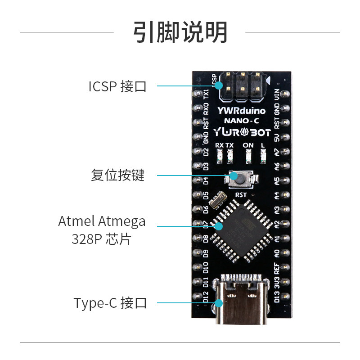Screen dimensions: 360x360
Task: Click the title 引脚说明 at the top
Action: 180,32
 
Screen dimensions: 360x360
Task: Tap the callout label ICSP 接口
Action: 117,86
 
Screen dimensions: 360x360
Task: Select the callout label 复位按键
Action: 117,175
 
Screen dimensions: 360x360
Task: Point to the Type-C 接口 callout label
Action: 110,303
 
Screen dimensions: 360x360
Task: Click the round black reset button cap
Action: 241,179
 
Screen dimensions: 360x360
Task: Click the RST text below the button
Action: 241,195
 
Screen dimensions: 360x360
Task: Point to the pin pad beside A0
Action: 285,252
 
